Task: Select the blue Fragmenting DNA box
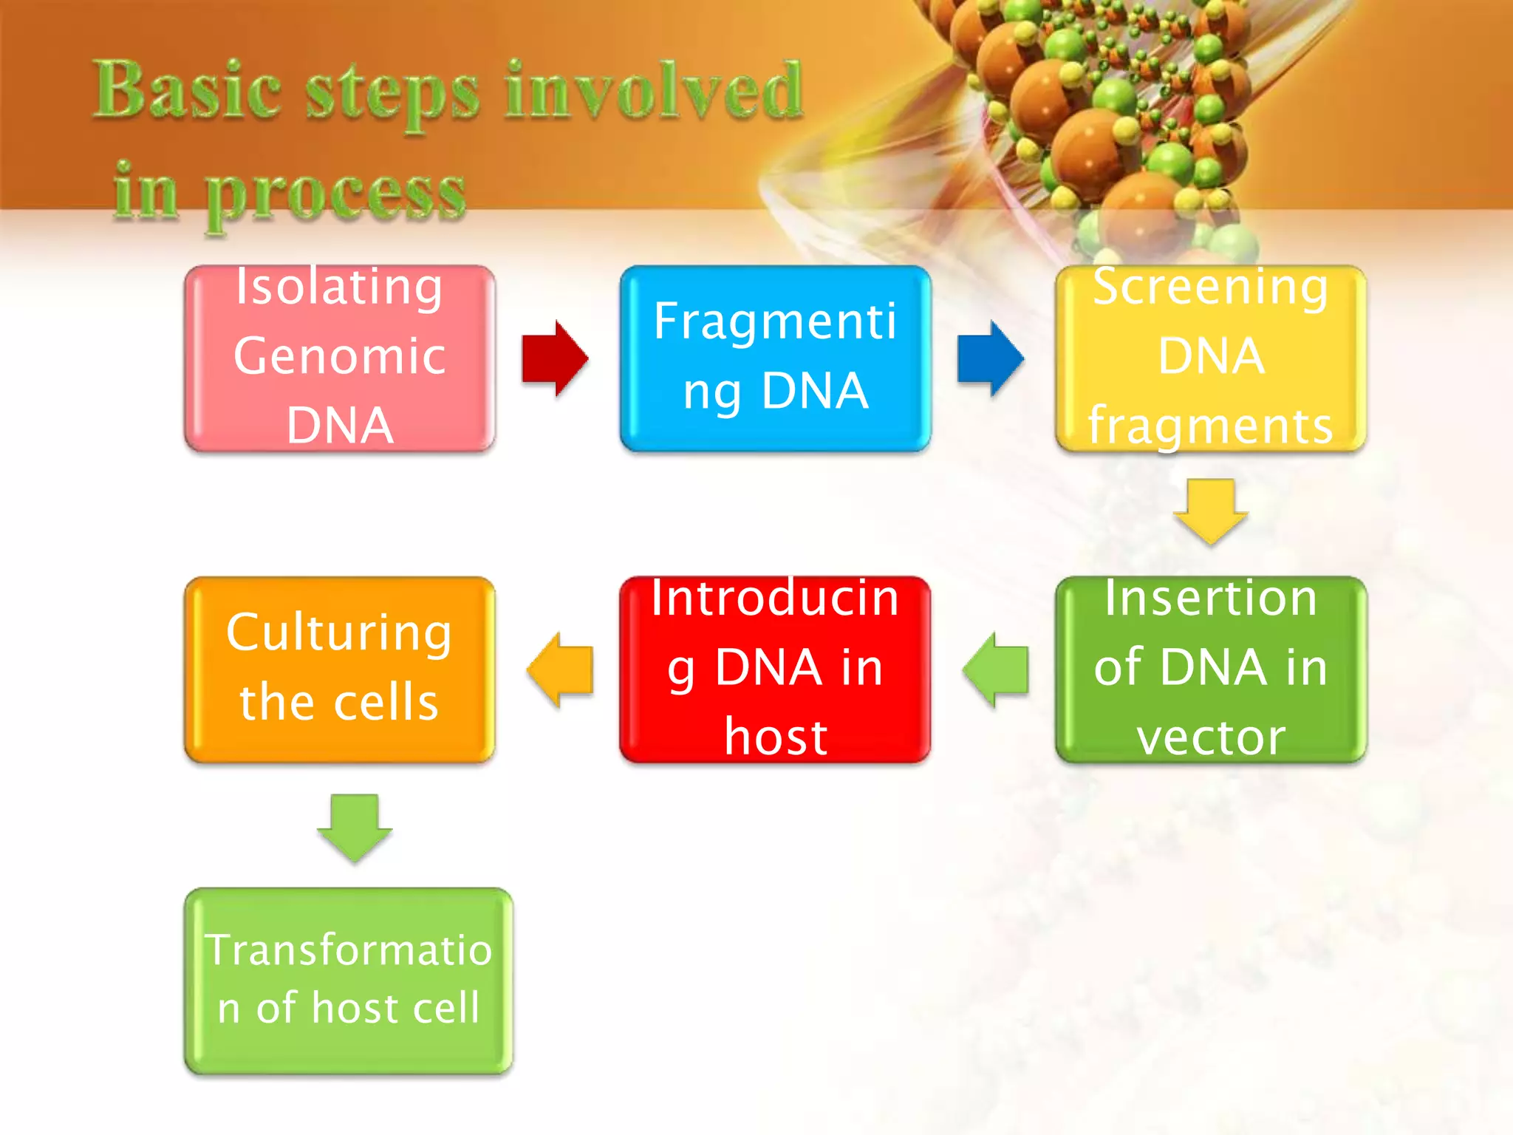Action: point(775,358)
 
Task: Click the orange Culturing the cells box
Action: point(339,669)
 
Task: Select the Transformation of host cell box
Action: point(348,981)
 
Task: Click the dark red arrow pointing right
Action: point(554,359)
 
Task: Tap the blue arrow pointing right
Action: point(990,359)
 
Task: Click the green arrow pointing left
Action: point(996,669)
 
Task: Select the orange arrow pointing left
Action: point(560,669)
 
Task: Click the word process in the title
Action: point(335,194)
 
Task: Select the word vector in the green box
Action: point(1211,737)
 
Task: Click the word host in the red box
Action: point(775,737)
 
